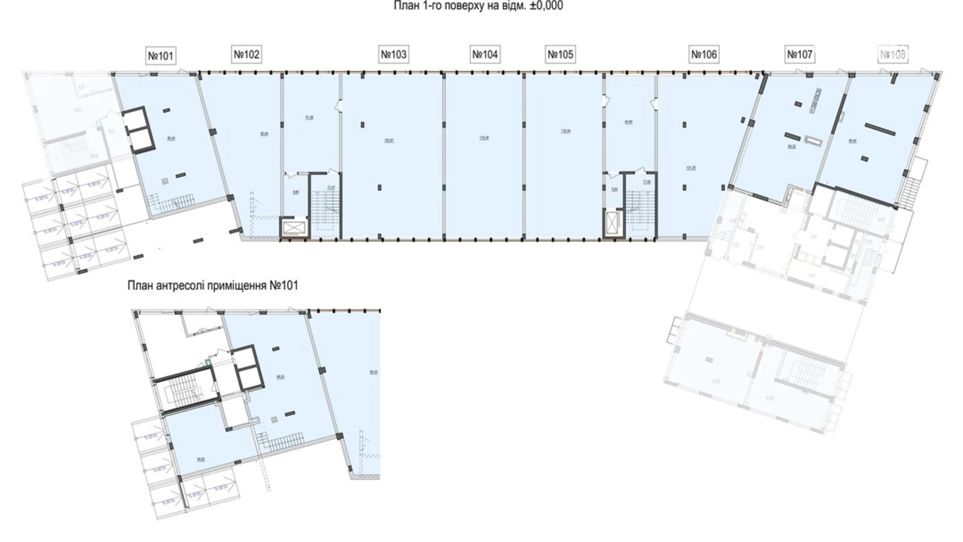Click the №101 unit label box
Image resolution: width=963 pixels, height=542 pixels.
[x=160, y=56]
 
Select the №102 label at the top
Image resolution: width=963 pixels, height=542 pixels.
[x=246, y=54]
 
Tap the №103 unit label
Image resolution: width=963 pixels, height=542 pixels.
[x=394, y=54]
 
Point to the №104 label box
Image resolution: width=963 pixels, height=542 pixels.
[x=485, y=54]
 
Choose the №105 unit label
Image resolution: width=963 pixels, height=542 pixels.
[x=560, y=54]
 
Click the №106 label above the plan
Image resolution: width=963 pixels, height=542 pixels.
[x=704, y=54]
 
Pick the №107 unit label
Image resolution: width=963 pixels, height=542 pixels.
[x=800, y=54]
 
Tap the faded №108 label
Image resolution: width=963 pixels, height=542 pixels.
[x=893, y=54]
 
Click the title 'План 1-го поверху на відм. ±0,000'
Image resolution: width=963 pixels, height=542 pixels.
[x=478, y=6]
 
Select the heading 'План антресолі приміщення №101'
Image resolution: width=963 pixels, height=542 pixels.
[x=213, y=286]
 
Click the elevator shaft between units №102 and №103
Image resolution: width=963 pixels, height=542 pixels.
[x=294, y=227]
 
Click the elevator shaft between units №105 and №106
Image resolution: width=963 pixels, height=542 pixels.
[x=613, y=224]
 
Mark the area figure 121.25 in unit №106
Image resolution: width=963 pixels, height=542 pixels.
[x=691, y=168]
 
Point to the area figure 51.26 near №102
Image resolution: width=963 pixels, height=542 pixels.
[x=310, y=118]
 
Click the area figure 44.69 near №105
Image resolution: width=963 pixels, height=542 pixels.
[x=628, y=122]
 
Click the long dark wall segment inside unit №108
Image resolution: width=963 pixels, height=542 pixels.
[x=880, y=128]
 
